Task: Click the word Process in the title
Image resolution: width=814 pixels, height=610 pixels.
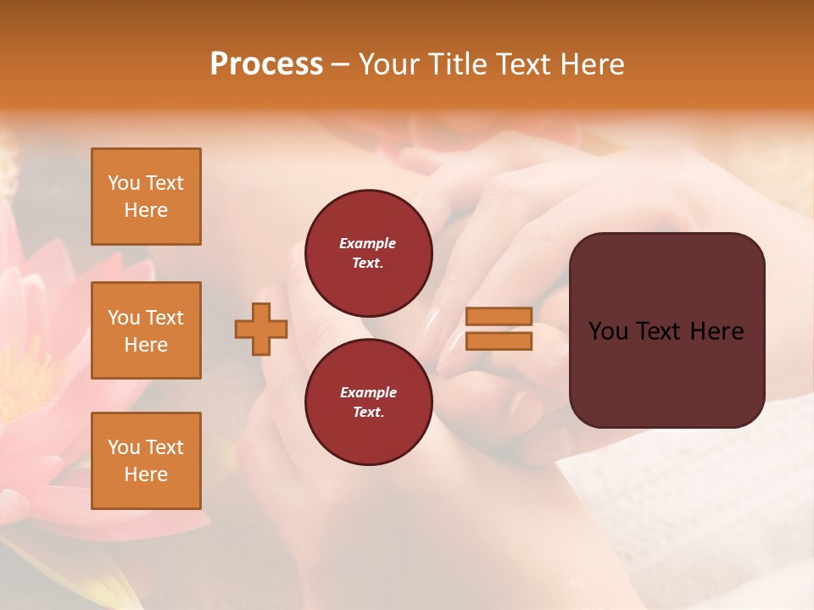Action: point(266,64)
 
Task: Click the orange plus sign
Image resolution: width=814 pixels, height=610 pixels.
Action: point(261,329)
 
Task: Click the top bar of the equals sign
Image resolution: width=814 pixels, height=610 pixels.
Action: point(499,316)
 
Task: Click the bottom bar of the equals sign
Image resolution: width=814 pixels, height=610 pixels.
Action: point(499,341)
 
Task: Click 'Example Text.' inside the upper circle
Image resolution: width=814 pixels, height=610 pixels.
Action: point(368,252)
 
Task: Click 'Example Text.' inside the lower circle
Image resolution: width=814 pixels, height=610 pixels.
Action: point(368,402)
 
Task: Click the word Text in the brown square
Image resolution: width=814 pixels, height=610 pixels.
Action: point(666,331)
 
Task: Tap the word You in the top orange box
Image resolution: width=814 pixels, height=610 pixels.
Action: point(123,183)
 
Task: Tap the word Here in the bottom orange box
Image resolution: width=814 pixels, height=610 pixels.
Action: point(146,474)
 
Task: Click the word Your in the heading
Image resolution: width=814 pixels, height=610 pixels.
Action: point(391,64)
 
